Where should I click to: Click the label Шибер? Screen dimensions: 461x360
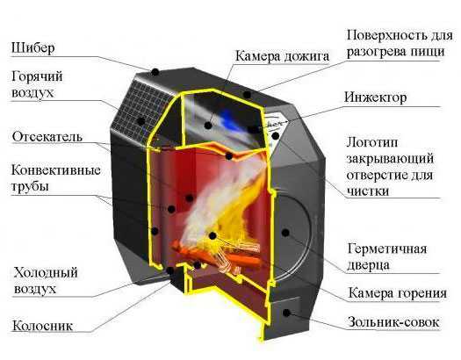pyautogui.click(x=33, y=48)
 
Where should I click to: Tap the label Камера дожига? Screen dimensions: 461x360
pyautogui.click(x=282, y=56)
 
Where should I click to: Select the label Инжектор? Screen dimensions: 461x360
pyautogui.click(x=376, y=97)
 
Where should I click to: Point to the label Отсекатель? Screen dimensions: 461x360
pyautogui.click(x=47, y=137)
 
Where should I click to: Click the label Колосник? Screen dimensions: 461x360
pyautogui.click(x=43, y=326)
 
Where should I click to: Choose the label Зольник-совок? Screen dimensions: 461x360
pyautogui.click(x=393, y=322)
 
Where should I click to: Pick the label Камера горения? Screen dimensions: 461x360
pyautogui.click(x=397, y=293)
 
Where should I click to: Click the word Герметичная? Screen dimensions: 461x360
pyautogui.click(x=387, y=249)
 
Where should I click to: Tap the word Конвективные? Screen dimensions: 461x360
pyautogui.click(x=56, y=170)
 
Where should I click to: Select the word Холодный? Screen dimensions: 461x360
pyautogui.click(x=46, y=272)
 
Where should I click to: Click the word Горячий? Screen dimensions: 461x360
pyautogui.click(x=37, y=77)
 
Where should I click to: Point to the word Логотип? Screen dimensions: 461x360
pyautogui.click(x=372, y=143)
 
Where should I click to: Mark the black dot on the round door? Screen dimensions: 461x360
pyautogui.click(x=285, y=233)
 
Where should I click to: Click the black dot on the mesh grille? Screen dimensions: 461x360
pyautogui.click(x=141, y=121)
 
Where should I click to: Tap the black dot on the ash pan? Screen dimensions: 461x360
pyautogui.click(x=286, y=313)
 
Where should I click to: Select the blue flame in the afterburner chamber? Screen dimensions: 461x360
pyautogui.click(x=231, y=119)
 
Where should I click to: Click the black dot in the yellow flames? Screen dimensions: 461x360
pyautogui.click(x=212, y=235)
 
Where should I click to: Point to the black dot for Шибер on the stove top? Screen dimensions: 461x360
pyautogui.click(x=155, y=71)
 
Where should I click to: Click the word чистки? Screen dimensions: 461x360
pyautogui.click(x=368, y=191)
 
